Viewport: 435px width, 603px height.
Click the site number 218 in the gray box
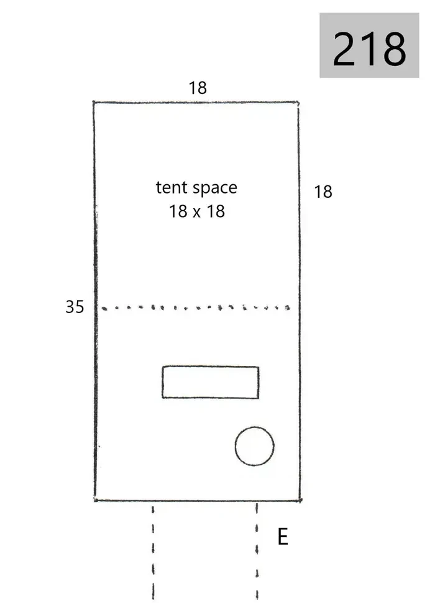click(x=369, y=49)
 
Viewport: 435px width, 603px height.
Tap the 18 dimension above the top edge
click(x=198, y=88)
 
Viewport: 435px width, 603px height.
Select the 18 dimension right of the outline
click(x=323, y=192)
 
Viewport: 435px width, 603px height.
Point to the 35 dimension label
click(x=75, y=307)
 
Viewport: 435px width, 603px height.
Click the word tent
click(x=172, y=188)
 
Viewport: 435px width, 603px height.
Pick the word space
click(x=215, y=189)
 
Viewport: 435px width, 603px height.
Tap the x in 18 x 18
click(x=196, y=213)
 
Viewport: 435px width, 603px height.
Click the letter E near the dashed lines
click(x=283, y=536)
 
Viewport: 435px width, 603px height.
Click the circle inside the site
click(x=235, y=446)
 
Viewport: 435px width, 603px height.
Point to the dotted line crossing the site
click(x=196, y=307)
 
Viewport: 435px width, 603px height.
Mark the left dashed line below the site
click(x=153, y=554)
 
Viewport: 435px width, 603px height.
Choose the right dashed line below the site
click(x=257, y=553)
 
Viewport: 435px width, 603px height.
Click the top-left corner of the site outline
click(x=94, y=102)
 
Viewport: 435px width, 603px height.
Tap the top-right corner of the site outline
click(x=298, y=103)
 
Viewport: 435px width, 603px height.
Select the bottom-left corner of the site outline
click(x=95, y=500)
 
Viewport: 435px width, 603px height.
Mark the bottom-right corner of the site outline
click(x=300, y=500)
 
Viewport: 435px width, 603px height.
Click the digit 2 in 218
click(x=345, y=49)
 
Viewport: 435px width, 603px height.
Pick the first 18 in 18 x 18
click(x=178, y=212)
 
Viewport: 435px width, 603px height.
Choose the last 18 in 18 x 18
click(x=216, y=212)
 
